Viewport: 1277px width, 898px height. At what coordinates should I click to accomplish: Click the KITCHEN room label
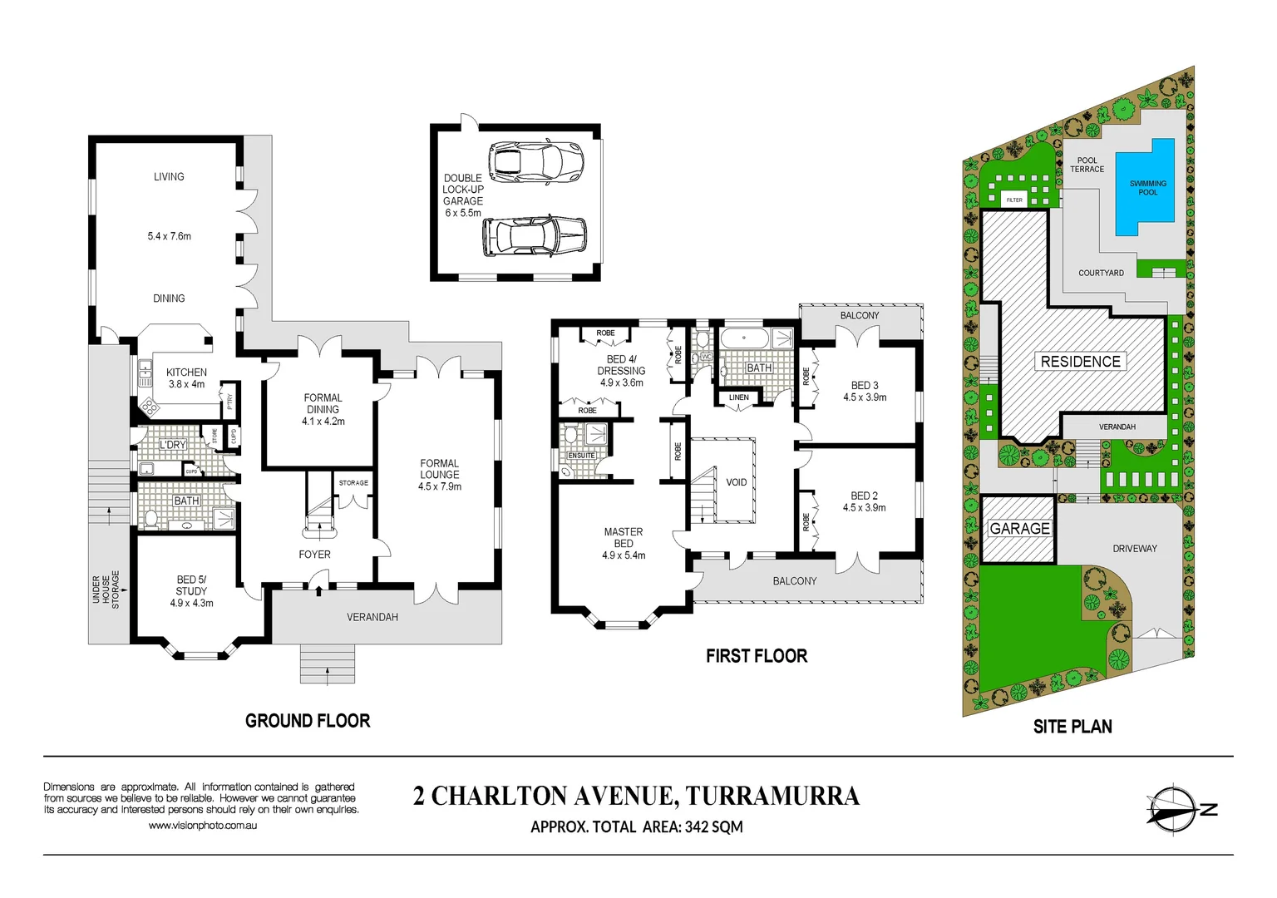[186, 373]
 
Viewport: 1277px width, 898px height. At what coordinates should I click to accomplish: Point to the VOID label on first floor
[736, 482]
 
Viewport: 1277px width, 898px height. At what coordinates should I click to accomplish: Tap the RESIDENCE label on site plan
[1080, 362]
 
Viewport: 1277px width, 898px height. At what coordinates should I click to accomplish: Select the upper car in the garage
[535, 160]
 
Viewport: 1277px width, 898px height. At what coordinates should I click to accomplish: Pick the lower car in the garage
[535, 237]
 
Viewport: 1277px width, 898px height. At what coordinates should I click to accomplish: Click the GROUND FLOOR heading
[308, 721]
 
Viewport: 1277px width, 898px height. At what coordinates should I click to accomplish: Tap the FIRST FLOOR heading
[757, 656]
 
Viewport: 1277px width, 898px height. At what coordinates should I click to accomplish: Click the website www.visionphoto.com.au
[202, 826]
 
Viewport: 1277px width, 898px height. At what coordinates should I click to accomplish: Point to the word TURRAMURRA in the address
[772, 796]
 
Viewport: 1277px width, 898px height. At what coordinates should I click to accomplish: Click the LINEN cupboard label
[738, 397]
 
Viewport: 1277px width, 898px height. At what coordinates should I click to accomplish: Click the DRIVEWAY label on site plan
[1134, 549]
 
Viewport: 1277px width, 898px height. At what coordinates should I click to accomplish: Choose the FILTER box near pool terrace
[1014, 200]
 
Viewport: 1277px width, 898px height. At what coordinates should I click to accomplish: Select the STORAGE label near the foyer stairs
[353, 483]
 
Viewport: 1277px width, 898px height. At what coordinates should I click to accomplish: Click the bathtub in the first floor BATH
[744, 338]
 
